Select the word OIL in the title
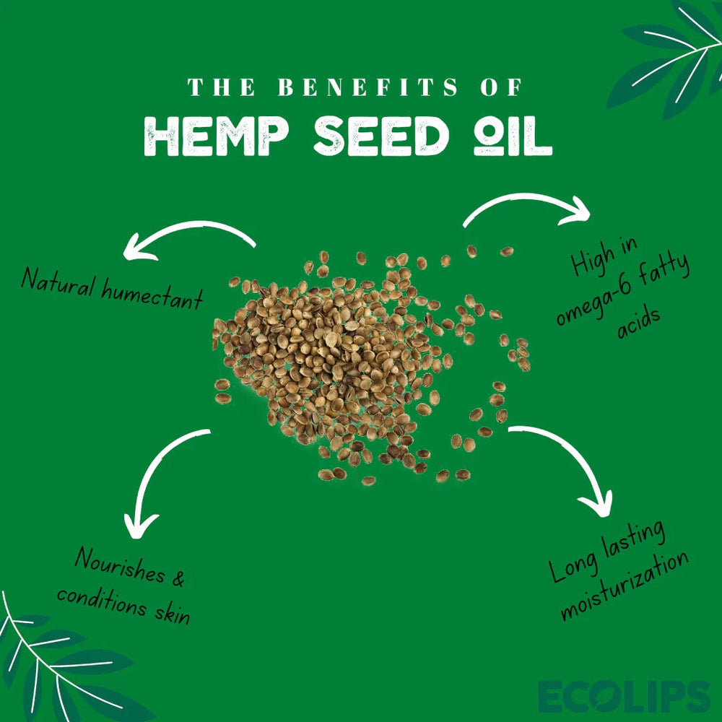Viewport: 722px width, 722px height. (x=512, y=136)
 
